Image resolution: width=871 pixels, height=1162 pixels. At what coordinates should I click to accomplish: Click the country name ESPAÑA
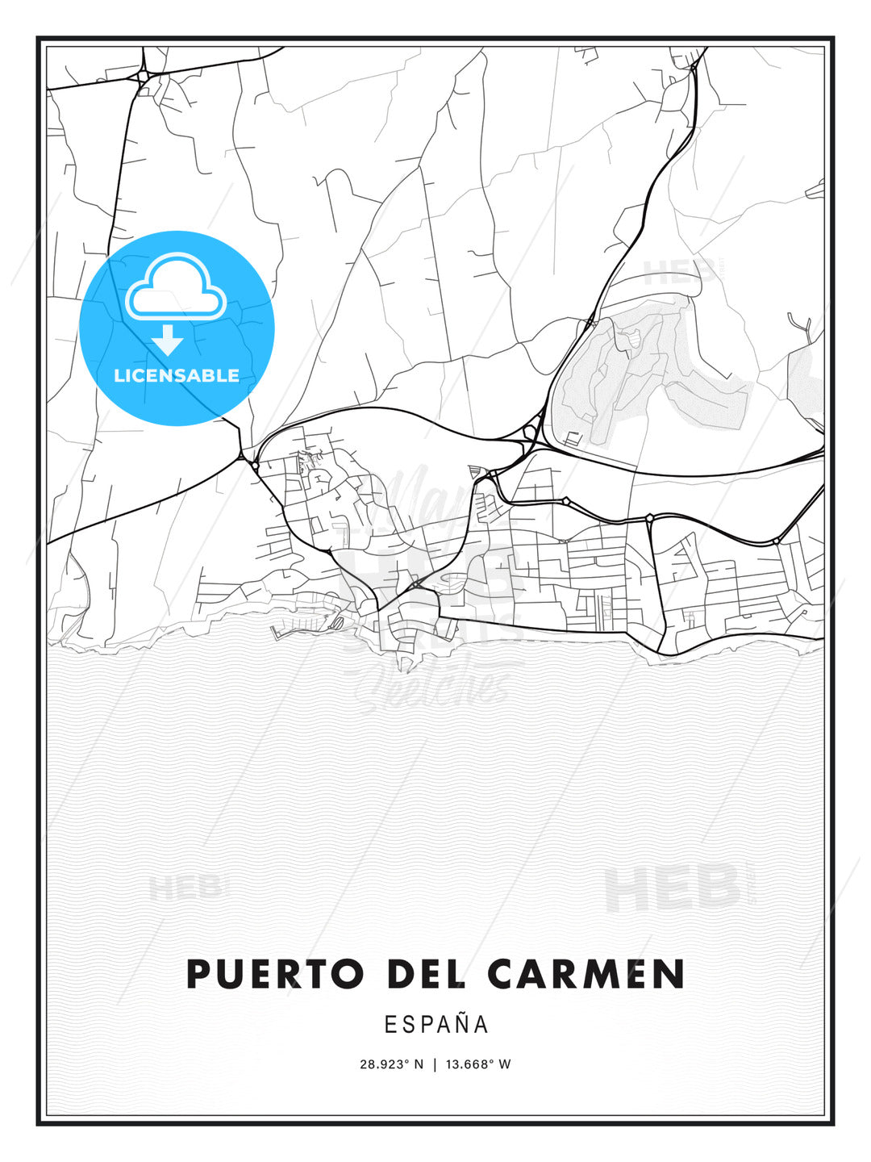(x=436, y=1025)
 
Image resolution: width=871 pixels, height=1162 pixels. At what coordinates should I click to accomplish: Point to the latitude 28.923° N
(x=391, y=1064)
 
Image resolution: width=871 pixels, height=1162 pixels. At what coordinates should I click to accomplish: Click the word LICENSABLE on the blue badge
(x=177, y=375)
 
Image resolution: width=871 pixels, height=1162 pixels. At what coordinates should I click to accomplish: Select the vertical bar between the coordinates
(x=435, y=1064)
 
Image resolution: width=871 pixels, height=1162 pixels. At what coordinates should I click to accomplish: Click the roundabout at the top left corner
(x=143, y=77)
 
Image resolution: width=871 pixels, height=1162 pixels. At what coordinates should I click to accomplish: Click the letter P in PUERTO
(x=198, y=974)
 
